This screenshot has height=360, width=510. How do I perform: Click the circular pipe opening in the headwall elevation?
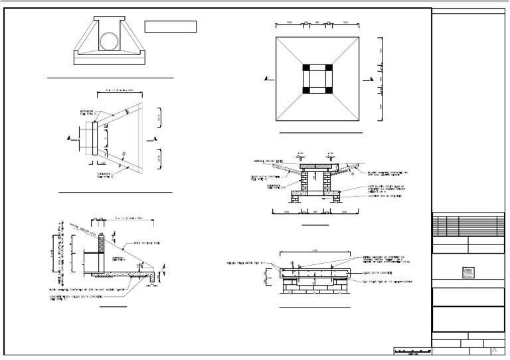click(109, 41)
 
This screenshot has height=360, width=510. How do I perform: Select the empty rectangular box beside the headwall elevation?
click(171, 27)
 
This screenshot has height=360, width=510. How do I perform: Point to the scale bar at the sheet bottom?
click(411, 349)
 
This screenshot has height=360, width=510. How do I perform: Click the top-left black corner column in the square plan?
click(306, 68)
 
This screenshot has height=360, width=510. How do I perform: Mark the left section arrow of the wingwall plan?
click(68, 137)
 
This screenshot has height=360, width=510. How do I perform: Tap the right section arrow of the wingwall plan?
click(154, 137)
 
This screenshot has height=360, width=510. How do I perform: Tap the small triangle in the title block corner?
click(494, 350)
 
